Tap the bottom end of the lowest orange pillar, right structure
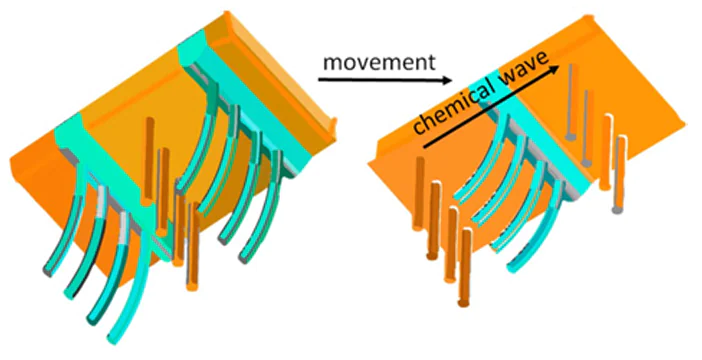click(x=465, y=299)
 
